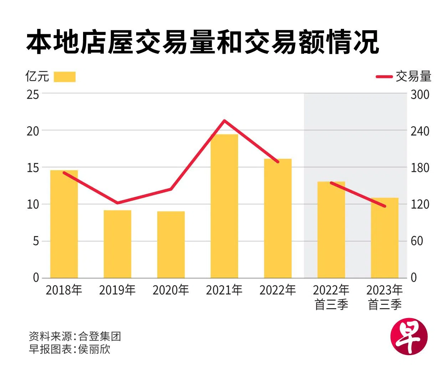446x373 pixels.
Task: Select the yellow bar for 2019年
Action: (x=117, y=244)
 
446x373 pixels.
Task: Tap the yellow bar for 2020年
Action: (x=171, y=245)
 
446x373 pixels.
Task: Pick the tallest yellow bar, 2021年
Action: (x=224, y=206)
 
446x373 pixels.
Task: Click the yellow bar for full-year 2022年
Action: (x=278, y=218)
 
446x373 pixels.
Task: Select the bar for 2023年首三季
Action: (x=384, y=238)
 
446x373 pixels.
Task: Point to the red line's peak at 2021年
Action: (x=224, y=121)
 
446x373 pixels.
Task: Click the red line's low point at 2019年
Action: (x=117, y=203)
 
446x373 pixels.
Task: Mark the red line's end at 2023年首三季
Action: (x=385, y=206)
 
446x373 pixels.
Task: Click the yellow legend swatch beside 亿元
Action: (x=65, y=77)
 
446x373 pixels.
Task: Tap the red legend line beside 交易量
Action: (x=384, y=77)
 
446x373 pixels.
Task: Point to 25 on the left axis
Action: (x=33, y=94)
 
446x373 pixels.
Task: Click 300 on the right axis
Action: (x=420, y=94)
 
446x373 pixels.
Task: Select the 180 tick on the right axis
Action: (x=420, y=168)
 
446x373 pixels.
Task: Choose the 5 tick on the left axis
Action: (x=36, y=241)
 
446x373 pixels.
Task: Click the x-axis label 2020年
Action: (x=171, y=290)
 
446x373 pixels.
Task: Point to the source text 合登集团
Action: (x=100, y=336)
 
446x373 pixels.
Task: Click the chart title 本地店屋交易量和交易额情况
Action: (x=203, y=43)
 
